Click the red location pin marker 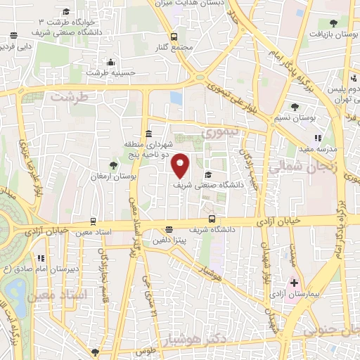[x=181, y=165]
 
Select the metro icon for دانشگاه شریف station [x=168, y=229]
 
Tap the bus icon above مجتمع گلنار [x=174, y=37]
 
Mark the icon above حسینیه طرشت [x=108, y=61]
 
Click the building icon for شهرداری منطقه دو [x=148, y=134]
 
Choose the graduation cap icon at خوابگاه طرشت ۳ [x=67, y=12]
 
